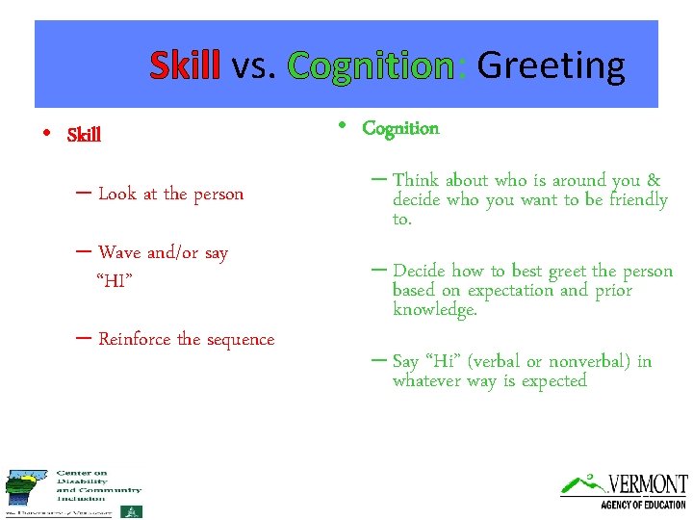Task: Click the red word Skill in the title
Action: click(185, 66)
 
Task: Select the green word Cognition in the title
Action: click(371, 66)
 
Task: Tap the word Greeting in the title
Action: click(551, 66)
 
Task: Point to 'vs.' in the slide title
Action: click(255, 66)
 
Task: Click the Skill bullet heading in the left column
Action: click(84, 135)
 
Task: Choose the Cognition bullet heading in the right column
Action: click(400, 128)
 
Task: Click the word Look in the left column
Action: click(117, 194)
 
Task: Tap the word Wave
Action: click(119, 252)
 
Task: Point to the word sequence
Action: click(240, 340)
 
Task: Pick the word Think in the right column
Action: click(416, 180)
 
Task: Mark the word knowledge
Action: click(434, 310)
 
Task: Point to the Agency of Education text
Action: click(643, 505)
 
